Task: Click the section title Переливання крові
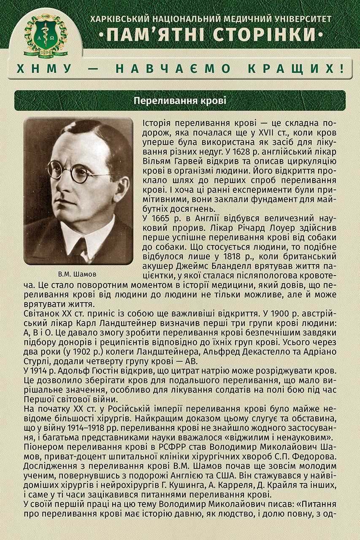point(180,101)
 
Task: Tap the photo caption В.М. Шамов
point(78,274)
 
